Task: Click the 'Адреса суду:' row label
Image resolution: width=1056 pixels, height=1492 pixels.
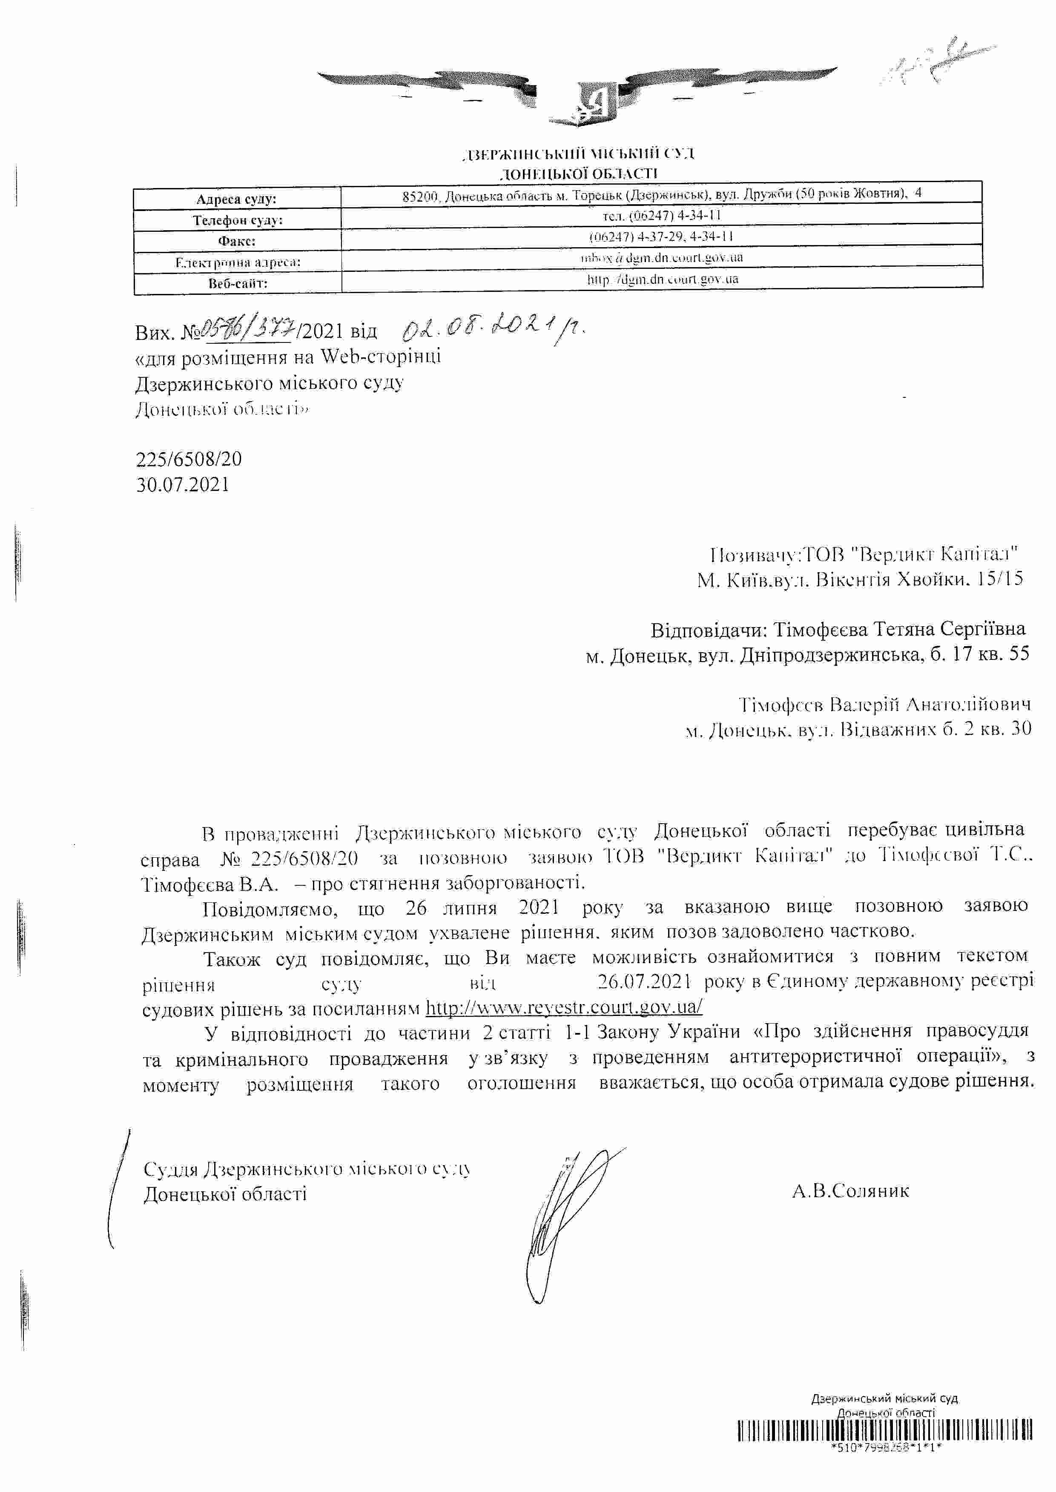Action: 237,199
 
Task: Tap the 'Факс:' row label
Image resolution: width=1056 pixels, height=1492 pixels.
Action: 237,241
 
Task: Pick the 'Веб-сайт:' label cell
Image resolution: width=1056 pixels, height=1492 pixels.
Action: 237,283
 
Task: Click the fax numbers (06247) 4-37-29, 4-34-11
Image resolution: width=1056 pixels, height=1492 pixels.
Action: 661,236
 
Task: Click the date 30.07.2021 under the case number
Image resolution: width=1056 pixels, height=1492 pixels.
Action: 183,484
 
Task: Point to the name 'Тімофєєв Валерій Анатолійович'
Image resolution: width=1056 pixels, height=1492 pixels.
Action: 885,705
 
